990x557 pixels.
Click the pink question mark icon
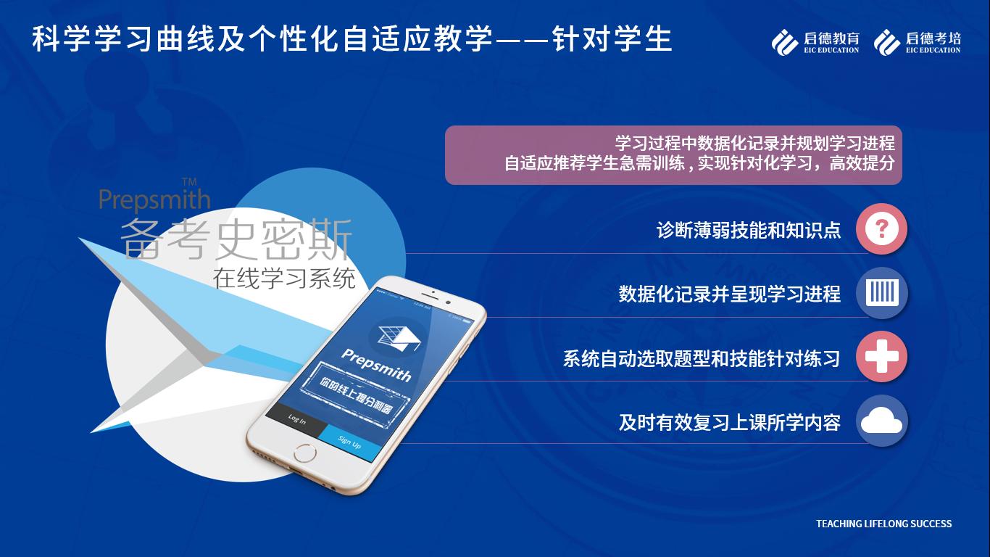[x=881, y=229]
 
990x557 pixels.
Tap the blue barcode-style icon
[x=881, y=293]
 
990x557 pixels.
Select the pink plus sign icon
[x=881, y=357]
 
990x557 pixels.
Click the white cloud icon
[x=881, y=421]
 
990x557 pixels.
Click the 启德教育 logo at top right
[x=815, y=42]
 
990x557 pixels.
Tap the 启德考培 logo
[x=918, y=42]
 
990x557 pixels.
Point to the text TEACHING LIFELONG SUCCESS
[x=883, y=524]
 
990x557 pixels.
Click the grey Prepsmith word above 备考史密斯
[x=154, y=199]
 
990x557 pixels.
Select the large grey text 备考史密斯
[x=236, y=239]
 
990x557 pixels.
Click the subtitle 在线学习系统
[x=284, y=278]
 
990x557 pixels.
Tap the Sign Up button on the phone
[x=349, y=442]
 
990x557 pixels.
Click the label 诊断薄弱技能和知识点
[x=748, y=231]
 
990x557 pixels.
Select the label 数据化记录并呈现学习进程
[x=729, y=294]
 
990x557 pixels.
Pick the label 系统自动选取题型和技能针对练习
[x=701, y=358]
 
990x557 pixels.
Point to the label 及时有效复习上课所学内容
[x=729, y=422]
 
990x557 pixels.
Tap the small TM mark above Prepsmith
[x=188, y=181]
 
